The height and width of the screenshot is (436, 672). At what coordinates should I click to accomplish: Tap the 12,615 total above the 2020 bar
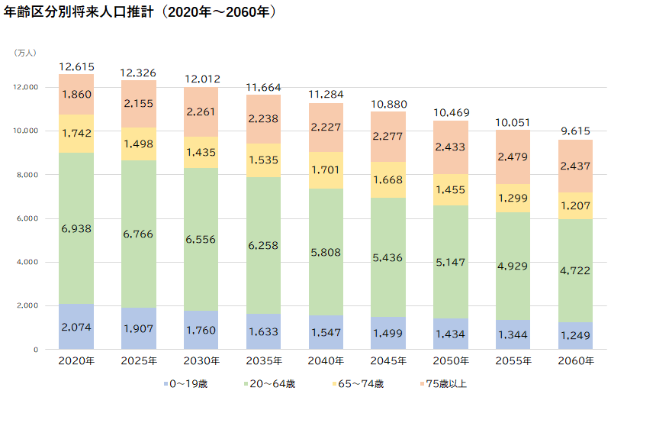pos(76,67)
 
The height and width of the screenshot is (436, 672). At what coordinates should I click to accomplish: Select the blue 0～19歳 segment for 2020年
pos(76,327)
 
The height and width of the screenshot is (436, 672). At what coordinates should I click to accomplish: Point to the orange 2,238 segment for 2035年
pos(263,119)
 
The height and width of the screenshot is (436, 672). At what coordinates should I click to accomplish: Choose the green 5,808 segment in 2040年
pos(326,252)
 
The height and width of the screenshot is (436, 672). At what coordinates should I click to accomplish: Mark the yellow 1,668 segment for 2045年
pos(387,179)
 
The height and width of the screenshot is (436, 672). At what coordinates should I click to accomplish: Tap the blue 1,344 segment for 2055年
pos(513,334)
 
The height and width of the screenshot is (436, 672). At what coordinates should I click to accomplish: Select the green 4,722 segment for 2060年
pos(574,271)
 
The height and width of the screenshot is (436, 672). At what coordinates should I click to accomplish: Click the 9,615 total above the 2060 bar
pos(574,131)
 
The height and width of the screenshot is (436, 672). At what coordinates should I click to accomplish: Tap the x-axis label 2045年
pos(387,360)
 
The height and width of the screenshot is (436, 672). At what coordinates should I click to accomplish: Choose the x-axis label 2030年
pos(201,360)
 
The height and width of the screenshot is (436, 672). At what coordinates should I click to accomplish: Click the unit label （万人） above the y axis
pos(25,53)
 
